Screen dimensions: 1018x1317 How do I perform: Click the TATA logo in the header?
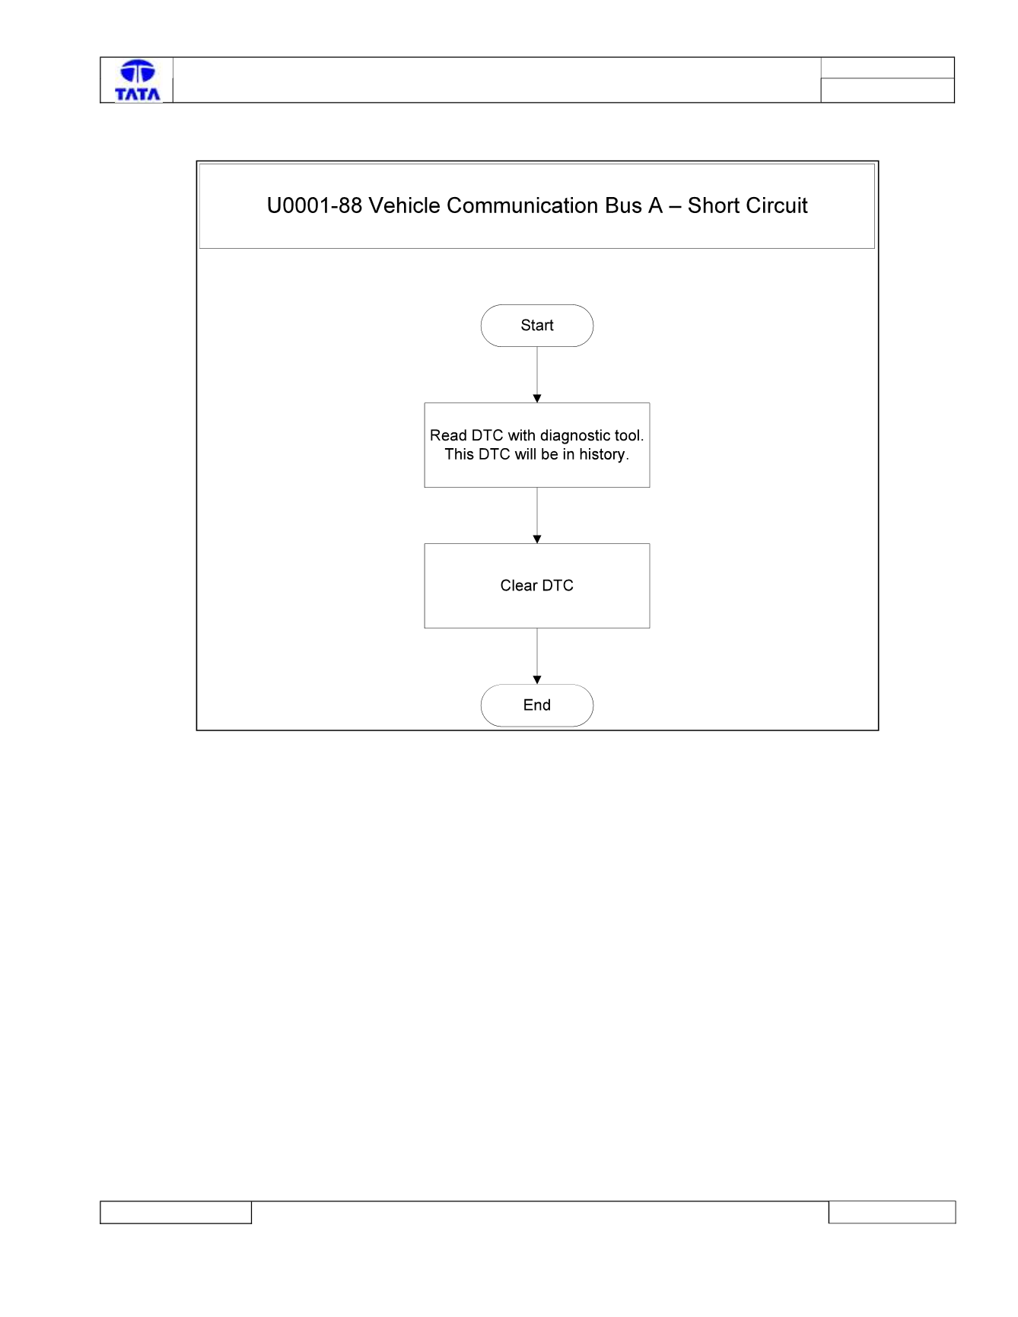click(138, 80)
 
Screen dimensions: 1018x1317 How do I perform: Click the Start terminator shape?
click(537, 326)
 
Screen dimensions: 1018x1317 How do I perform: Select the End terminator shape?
click(537, 705)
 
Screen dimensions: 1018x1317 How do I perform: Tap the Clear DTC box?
click(537, 586)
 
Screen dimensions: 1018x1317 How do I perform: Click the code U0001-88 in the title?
click(314, 205)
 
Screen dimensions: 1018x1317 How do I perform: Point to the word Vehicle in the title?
click(405, 205)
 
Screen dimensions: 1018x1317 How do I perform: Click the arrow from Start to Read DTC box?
click(537, 375)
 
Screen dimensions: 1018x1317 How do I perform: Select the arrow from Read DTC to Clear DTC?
click(537, 516)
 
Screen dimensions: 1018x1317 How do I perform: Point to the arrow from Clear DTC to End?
click(537, 657)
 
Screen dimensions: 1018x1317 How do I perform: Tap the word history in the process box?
click(602, 454)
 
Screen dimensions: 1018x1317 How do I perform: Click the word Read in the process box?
click(448, 436)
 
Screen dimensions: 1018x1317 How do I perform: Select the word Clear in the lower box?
click(519, 586)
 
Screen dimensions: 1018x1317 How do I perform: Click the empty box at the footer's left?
click(176, 1213)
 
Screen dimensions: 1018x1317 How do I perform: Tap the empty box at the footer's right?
click(892, 1212)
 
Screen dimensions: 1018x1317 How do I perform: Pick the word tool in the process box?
click(629, 436)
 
